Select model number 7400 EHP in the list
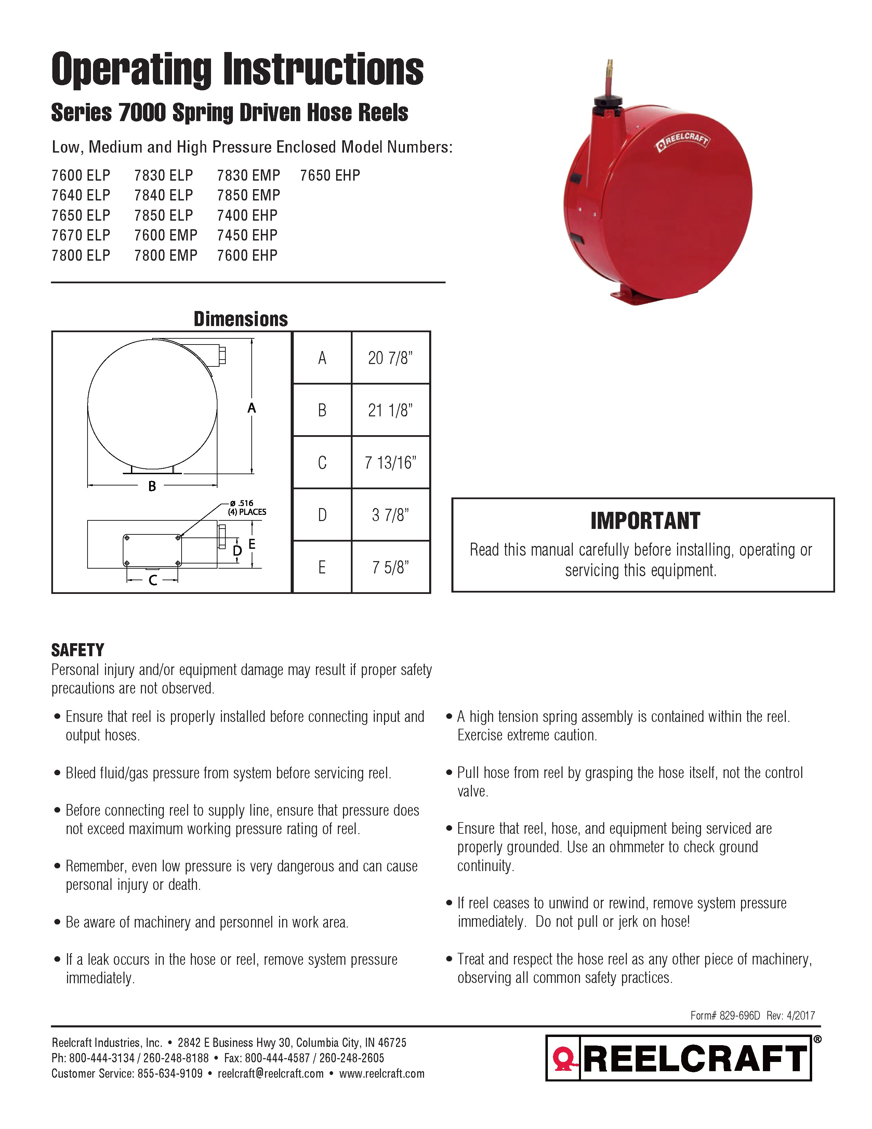pyautogui.click(x=247, y=216)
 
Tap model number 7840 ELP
pyautogui.click(x=163, y=195)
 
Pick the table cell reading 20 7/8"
pyautogui.click(x=390, y=358)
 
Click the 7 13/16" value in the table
pyautogui.click(x=390, y=463)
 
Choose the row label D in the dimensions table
pyautogui.click(x=322, y=515)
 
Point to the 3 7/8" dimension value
pyautogui.click(x=390, y=515)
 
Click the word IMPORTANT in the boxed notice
pyautogui.click(x=645, y=521)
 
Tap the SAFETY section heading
pyautogui.click(x=78, y=650)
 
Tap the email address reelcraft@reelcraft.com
pyautogui.click(x=271, y=1074)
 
